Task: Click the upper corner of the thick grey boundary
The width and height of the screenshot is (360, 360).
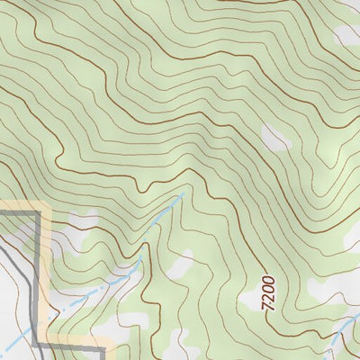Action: click(40, 211)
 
